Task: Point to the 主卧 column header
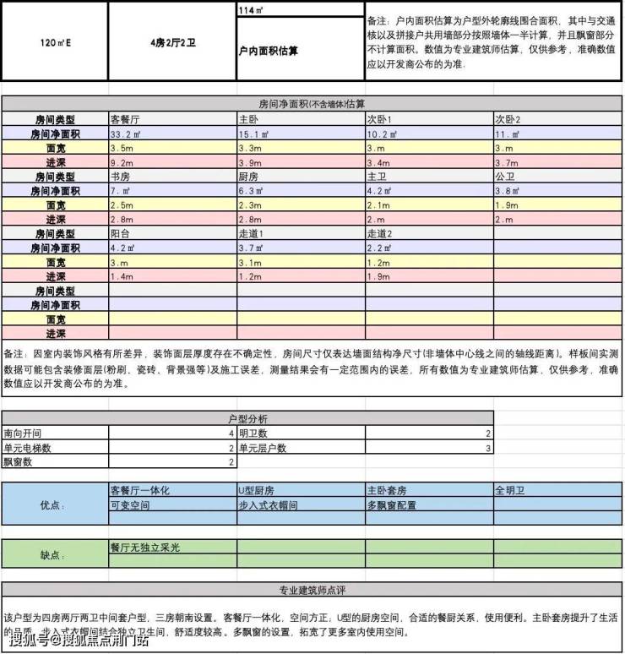[x=249, y=119]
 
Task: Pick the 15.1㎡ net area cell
[x=253, y=133]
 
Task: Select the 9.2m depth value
[x=122, y=162]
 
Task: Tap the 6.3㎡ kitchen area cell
[x=252, y=190]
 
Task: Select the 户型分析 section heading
[x=247, y=418]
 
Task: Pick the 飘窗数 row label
[x=20, y=462]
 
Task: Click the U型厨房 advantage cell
[x=258, y=490]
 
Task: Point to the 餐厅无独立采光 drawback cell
[x=145, y=548]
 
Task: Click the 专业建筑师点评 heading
[x=312, y=590]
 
